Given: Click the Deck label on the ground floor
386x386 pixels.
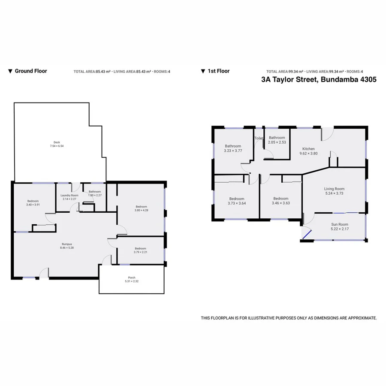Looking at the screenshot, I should click(x=57, y=142).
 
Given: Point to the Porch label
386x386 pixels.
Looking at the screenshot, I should click(x=131, y=277).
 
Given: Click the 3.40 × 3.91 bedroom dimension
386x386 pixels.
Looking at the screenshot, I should click(x=33, y=205).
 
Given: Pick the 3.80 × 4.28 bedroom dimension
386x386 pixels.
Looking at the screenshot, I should click(x=141, y=210).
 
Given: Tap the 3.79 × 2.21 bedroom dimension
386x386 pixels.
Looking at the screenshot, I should click(x=140, y=252).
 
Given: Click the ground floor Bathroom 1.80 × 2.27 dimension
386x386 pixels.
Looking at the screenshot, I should click(x=94, y=195).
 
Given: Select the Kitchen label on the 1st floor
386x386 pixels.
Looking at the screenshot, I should click(x=309, y=149).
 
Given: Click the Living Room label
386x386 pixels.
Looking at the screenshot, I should click(x=334, y=189).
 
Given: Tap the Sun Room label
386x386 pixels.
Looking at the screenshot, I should click(x=339, y=224).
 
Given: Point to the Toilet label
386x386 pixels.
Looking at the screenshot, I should click(x=259, y=139).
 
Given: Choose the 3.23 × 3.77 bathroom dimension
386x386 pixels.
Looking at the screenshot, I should click(x=233, y=151).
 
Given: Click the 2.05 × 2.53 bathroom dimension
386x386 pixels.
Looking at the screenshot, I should click(x=277, y=142).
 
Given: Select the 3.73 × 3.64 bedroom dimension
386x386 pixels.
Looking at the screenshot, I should click(x=237, y=203).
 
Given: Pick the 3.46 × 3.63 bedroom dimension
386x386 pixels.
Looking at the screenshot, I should click(x=281, y=203).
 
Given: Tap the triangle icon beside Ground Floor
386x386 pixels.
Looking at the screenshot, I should click(x=10, y=71).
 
